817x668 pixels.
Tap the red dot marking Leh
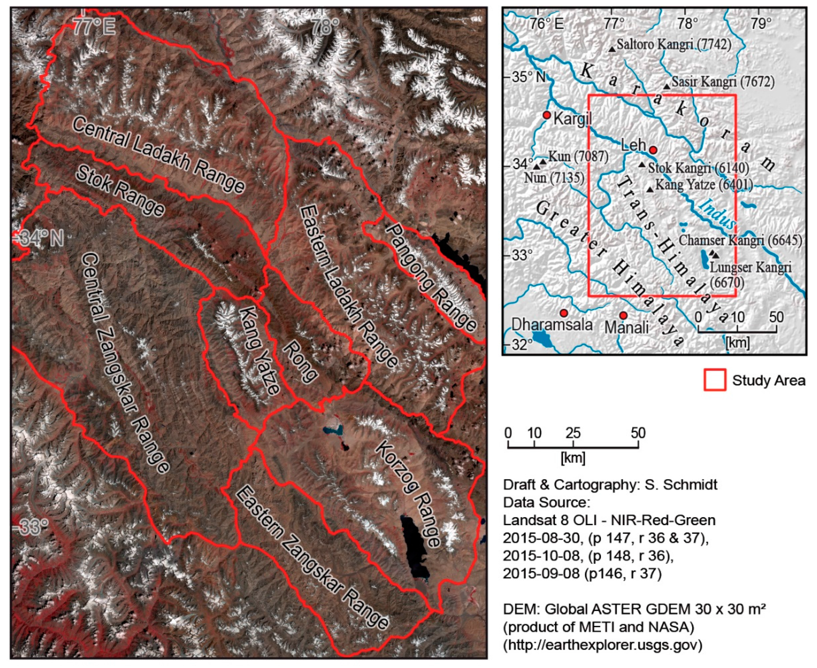(653, 150)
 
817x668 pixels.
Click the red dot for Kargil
(547, 115)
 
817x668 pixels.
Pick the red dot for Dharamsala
(564, 313)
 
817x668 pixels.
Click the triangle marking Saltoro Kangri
(612, 49)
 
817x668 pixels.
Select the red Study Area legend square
(715, 380)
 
